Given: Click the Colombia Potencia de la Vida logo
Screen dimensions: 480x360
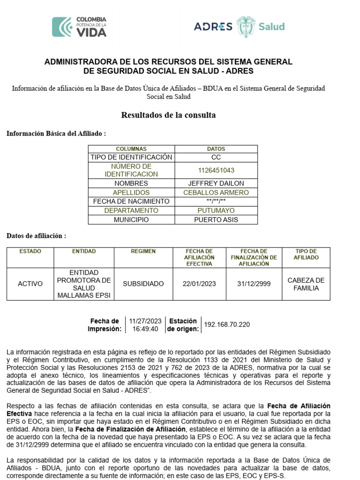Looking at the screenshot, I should tap(79, 27).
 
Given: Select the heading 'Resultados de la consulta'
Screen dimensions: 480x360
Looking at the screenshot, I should tap(168, 115).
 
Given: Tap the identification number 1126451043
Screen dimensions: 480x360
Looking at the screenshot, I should tap(216, 170).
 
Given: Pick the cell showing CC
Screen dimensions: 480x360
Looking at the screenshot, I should tap(216, 157).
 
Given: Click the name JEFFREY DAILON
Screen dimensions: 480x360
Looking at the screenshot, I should tap(216, 183).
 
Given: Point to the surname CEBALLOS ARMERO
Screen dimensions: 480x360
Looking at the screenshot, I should tap(216, 192).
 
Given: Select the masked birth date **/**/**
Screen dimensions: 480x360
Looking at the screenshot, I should tap(216, 201).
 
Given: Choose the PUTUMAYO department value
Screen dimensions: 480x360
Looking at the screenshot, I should tap(216, 210).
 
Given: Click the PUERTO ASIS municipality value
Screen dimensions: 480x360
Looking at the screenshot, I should tap(216, 219).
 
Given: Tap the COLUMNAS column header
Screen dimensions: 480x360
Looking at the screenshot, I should tap(131, 149).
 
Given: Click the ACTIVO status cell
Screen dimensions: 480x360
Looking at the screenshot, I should tap(30, 284).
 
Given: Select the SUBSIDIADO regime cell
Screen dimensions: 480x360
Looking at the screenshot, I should tap(143, 284).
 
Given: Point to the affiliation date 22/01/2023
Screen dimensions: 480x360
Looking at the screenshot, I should tap(199, 284).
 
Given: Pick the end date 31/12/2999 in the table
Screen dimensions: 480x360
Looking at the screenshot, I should tap(254, 284).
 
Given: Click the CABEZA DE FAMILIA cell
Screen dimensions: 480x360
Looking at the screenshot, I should tap(306, 284).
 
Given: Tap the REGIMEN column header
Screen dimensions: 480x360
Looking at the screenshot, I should tap(143, 251).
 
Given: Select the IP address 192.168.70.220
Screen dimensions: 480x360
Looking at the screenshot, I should tap(227, 324).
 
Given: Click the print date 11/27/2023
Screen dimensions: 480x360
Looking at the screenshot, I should tap(145, 321).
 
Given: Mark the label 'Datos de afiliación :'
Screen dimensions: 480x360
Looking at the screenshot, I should tap(36, 236).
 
